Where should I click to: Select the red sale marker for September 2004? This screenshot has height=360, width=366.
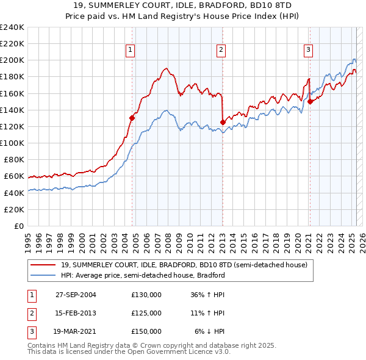[132, 118]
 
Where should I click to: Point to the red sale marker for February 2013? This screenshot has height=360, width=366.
[223, 122]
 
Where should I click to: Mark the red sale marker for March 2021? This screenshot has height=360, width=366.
[310, 101]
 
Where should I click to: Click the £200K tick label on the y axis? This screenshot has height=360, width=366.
[12, 60]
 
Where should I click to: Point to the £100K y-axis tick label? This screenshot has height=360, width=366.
[12, 143]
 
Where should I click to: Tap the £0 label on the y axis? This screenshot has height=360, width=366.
[18, 226]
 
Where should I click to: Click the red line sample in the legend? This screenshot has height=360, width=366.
[43, 265]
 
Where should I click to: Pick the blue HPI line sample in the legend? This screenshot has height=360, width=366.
[43, 275]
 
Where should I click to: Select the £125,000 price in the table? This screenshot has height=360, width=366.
[146, 313]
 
